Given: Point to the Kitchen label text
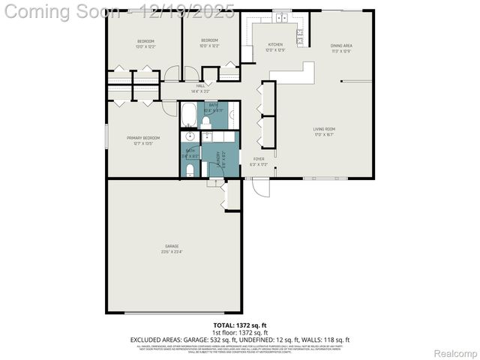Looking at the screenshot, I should coord(275,47).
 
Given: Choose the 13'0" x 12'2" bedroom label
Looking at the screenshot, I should coord(145,43).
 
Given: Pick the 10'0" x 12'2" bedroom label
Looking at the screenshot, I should coord(209,43).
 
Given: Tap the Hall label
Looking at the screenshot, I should coord(200,88).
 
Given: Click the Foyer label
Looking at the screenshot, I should coord(258,161).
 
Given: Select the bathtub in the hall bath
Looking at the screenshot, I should coord(189,115).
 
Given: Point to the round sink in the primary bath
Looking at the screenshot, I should coord(190,136).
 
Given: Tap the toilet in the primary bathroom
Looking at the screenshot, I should coord(190,170).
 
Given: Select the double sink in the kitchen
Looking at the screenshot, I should coord(281,16).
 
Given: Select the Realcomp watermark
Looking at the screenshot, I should coord(456,352).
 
